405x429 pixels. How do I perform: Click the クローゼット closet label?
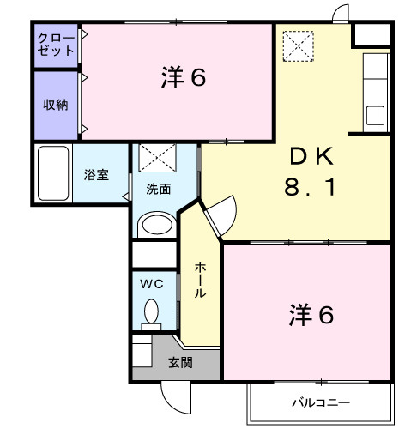[55, 45]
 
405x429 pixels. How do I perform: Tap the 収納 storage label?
[56, 104]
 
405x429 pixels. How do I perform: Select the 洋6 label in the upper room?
[183, 78]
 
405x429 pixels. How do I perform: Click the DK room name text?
[310, 156]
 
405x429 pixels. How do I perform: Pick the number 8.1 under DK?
[310, 185]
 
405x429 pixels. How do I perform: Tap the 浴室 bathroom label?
[95, 174]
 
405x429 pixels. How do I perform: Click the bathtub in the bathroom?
[53, 174]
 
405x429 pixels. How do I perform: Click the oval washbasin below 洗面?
[156, 225]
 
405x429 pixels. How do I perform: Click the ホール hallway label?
[199, 281]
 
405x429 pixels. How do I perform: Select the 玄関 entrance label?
[179, 362]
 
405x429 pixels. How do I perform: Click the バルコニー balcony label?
[320, 401]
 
